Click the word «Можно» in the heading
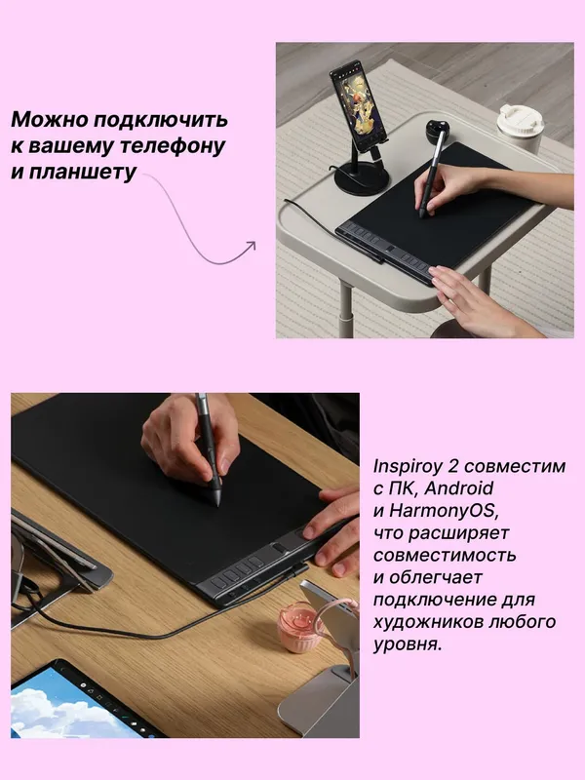coord(50,120)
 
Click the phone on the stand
coord(357,105)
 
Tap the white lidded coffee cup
coord(521,129)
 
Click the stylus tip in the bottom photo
coord(216,503)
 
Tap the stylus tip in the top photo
coord(422,215)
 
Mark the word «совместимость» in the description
coord(445,555)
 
